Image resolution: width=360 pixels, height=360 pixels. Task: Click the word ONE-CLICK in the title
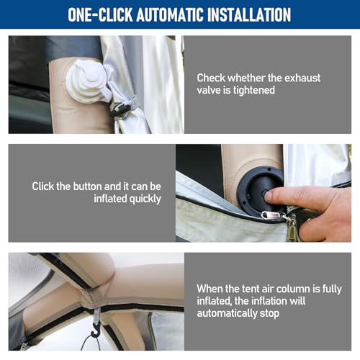tap(100, 14)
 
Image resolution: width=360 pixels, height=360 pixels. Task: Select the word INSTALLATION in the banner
tap(249, 14)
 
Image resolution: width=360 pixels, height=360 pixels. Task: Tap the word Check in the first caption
tap(211, 78)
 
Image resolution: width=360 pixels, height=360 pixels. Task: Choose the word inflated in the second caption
tap(110, 199)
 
